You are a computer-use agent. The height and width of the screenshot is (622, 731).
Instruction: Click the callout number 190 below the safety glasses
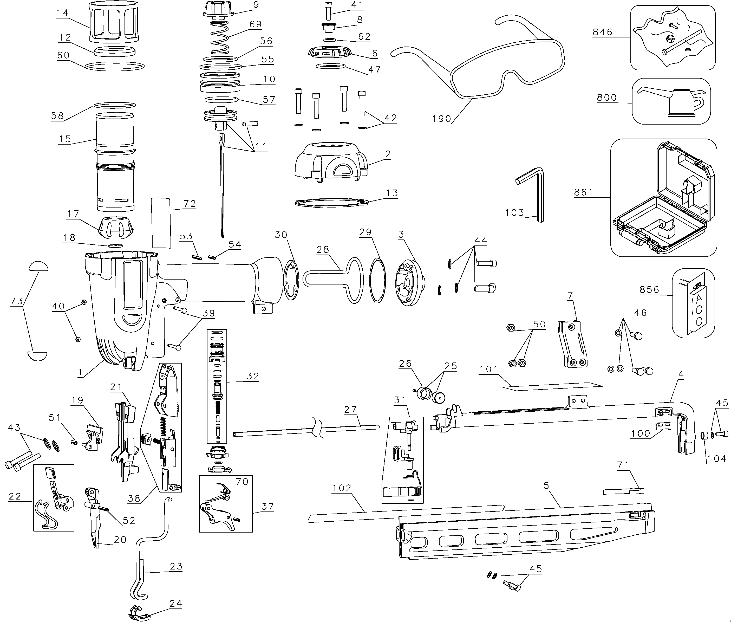442,119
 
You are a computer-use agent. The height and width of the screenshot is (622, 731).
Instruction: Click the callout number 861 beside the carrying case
583,192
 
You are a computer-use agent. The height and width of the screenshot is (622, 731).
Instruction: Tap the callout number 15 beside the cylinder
65,139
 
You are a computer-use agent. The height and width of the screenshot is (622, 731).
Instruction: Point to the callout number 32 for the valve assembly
253,376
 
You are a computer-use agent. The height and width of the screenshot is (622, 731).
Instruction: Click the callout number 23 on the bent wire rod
176,567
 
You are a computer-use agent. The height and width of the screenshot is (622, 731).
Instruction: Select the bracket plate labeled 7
572,344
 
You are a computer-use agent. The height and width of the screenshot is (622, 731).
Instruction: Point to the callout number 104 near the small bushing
716,459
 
